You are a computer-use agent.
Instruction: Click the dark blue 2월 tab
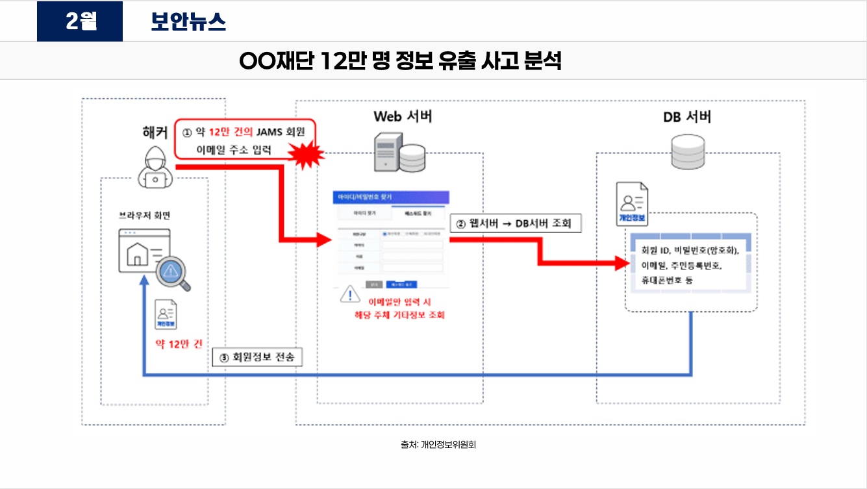click(80, 21)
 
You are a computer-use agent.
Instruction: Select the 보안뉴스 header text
click(188, 22)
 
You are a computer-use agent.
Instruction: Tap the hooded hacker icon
click(156, 168)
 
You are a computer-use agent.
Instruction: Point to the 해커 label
click(155, 132)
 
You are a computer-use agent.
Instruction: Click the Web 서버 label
click(403, 117)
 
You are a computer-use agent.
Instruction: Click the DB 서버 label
click(687, 118)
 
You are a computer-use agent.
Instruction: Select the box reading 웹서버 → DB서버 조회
click(515, 223)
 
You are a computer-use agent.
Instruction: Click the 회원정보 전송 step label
click(258, 357)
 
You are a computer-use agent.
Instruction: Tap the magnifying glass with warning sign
click(174, 273)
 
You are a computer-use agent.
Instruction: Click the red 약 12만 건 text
click(178, 344)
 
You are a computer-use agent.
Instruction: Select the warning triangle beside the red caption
click(350, 295)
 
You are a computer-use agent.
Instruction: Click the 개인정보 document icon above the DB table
click(632, 204)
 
